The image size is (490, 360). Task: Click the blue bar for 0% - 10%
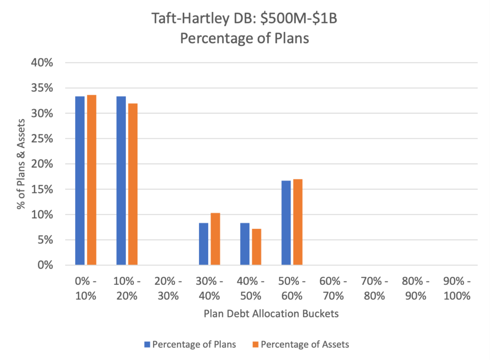coord(80,180)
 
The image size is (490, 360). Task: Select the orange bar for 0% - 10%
coord(91,180)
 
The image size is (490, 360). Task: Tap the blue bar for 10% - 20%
coord(121,180)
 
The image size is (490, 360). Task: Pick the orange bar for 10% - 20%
coord(133,184)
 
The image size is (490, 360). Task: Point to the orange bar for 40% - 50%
coord(256,247)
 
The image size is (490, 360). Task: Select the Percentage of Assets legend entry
coord(301,344)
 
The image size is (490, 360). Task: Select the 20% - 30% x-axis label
coord(168,289)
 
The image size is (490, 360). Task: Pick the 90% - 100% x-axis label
coord(457,289)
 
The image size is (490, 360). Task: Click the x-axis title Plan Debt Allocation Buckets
coord(271,314)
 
